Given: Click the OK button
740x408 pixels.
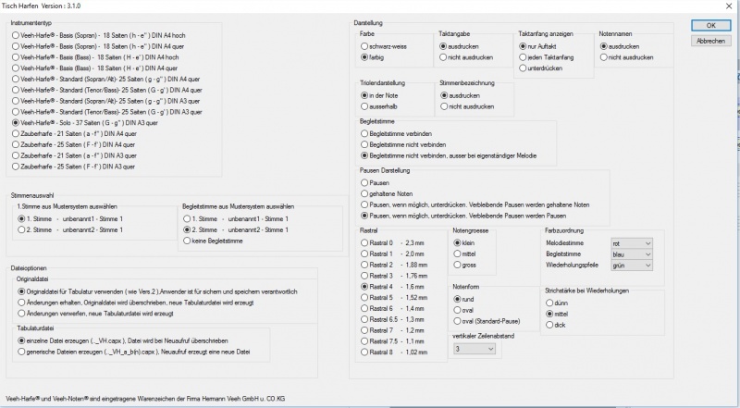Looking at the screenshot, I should (710, 25).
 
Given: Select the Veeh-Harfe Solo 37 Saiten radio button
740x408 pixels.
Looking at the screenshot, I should (17, 122).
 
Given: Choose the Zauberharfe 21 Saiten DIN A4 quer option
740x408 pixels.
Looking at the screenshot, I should (17, 133).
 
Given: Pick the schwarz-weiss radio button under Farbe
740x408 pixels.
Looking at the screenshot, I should (364, 44).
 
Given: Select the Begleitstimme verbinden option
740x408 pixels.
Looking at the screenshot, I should (364, 133).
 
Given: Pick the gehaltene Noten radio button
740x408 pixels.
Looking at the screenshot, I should (364, 192).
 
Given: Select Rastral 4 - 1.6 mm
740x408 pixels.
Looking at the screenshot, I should (364, 287).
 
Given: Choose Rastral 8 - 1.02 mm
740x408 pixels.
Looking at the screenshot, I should (364, 352).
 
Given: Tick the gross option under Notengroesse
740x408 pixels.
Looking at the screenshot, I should (457, 265).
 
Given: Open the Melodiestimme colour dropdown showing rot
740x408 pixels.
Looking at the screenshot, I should (631, 241).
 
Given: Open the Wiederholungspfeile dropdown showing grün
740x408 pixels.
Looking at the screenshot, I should (631, 265).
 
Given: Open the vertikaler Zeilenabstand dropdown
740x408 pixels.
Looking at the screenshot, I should (475, 349).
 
